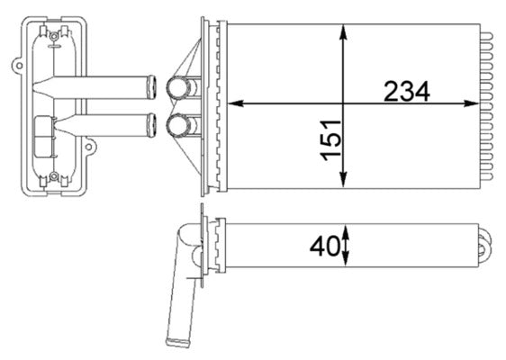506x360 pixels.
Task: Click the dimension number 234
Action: [x=407, y=91]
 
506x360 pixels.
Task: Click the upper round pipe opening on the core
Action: [x=177, y=88]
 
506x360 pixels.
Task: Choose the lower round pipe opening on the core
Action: [x=177, y=123]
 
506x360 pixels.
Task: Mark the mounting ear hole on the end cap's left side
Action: [x=17, y=65]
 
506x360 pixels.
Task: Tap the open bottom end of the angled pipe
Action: [x=173, y=340]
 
